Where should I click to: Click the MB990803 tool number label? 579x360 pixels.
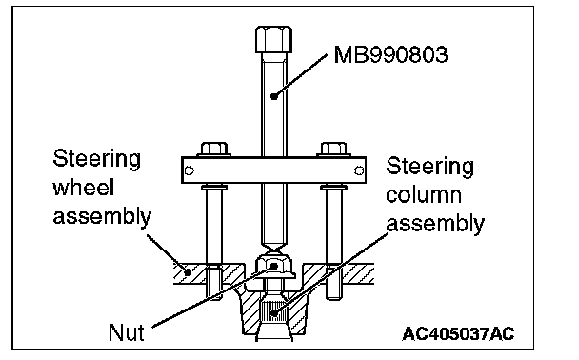tap(390, 54)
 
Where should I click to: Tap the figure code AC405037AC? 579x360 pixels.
tap(458, 334)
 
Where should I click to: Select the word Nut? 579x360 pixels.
tap(127, 332)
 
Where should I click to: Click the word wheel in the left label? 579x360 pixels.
tap(84, 188)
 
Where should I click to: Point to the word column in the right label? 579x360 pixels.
tap(424, 194)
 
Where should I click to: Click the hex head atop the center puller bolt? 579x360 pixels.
tap(273, 39)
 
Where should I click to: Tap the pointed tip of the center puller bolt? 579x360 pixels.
tap(273, 251)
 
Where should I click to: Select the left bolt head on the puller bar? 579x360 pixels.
tap(214, 149)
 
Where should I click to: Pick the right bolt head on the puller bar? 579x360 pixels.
tap(334, 149)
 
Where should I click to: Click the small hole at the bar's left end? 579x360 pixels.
tap(190, 170)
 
